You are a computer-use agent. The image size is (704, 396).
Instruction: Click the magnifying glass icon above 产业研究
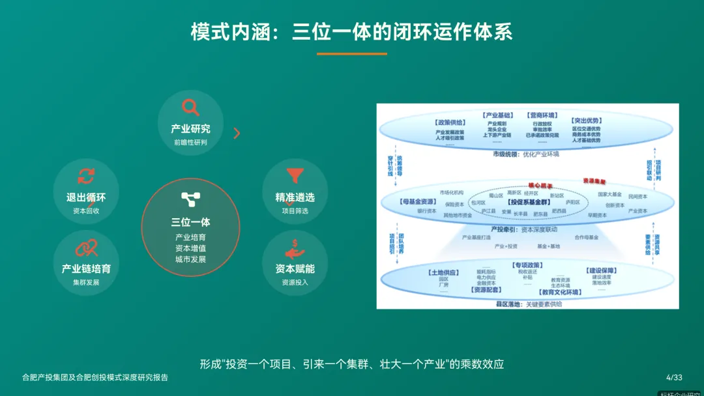(190, 107)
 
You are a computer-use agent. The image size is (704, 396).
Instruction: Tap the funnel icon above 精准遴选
(295, 175)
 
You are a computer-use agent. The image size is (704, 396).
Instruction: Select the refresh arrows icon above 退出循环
(86, 175)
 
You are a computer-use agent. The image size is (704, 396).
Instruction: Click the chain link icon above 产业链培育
(86, 247)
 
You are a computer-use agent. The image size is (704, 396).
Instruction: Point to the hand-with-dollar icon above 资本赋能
(295, 248)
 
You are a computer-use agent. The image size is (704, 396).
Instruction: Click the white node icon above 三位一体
(190, 199)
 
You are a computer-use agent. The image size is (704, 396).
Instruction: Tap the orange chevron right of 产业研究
(237, 133)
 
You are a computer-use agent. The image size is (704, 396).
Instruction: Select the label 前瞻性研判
(190, 142)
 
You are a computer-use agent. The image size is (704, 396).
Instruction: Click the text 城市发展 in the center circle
(190, 259)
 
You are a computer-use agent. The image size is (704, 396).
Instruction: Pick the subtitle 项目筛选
(295, 210)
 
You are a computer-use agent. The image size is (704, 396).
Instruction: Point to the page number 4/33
(674, 377)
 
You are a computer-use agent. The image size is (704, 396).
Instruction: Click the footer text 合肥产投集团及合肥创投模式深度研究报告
(95, 377)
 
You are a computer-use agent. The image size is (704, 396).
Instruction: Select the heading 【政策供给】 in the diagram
(450, 122)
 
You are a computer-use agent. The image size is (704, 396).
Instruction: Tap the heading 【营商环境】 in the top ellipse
(542, 115)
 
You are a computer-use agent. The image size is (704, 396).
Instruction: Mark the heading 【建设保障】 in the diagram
(601, 270)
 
